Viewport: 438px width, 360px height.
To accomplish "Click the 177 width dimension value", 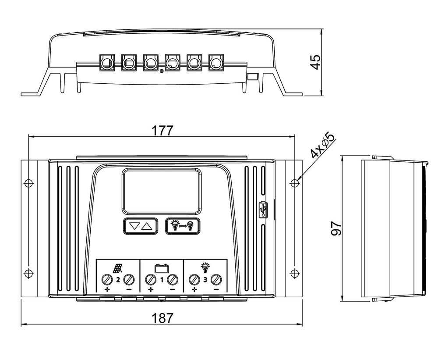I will coord(162,130).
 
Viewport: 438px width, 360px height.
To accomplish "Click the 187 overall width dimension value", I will coord(162,318).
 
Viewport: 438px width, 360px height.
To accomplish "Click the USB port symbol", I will coord(263,209).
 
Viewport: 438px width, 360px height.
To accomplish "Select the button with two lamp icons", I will coord(183,226).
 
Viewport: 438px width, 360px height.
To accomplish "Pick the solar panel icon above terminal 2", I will coord(118,267).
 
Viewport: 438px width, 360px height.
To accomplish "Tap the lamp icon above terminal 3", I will coord(205,267).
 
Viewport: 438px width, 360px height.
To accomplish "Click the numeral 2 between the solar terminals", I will coord(118,279).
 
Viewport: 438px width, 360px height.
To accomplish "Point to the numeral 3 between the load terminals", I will coord(205,279).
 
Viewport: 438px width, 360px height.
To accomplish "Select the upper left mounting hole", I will coord(28,182).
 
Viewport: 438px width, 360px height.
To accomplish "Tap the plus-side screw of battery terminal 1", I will coord(151,279).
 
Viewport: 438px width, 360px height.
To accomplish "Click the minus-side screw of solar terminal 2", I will coord(129,279).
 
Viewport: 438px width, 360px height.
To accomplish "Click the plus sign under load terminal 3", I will coord(194,290).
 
